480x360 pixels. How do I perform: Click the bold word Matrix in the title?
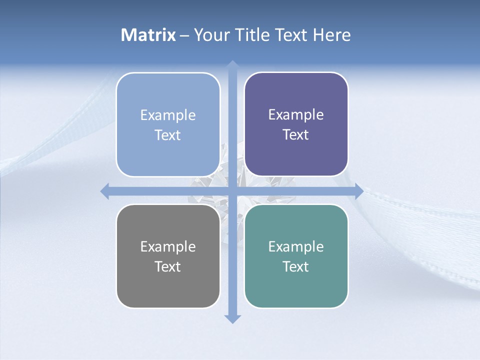pos(148,35)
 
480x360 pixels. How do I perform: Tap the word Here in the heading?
pos(332,35)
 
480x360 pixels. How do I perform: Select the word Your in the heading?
pos(211,35)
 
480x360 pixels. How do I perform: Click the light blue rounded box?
pos(168,124)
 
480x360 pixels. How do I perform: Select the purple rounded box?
pos(296,124)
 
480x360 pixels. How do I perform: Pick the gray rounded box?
pos(168,256)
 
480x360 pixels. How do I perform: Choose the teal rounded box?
pos(296,256)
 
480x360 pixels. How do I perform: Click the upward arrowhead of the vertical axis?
pos(232,65)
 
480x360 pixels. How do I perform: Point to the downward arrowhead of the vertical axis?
pos(232,318)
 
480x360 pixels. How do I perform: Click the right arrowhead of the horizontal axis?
pos(358,191)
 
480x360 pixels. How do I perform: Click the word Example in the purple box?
pos(296,114)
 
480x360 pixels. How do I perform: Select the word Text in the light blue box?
pos(168,135)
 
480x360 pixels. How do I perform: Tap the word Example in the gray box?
pos(168,246)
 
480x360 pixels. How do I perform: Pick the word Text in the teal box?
pos(296,266)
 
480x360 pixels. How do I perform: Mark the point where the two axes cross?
pos(232,191)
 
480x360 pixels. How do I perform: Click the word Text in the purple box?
pos(296,134)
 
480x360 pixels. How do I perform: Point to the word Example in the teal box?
pos(296,246)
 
